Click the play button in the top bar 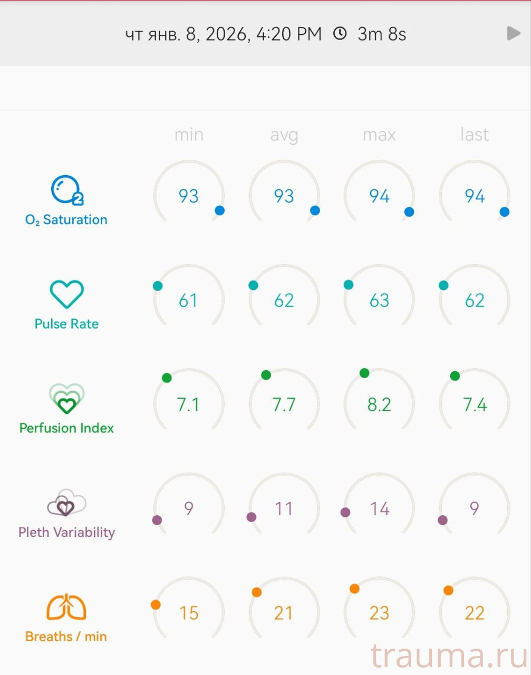click(x=514, y=34)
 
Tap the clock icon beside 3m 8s click(x=340, y=34)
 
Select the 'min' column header click(x=189, y=135)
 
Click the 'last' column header click(x=474, y=135)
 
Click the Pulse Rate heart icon click(x=66, y=294)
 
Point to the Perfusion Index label click(x=66, y=428)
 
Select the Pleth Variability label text click(x=66, y=532)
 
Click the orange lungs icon click(x=66, y=607)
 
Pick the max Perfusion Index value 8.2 click(x=379, y=404)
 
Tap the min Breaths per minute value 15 click(x=189, y=613)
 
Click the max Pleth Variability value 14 click(x=379, y=509)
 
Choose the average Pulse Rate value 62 click(x=284, y=301)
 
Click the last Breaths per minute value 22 click(x=474, y=613)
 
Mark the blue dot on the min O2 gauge click(x=220, y=210)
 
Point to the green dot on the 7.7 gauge click(x=266, y=375)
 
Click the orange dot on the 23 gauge click(x=354, y=589)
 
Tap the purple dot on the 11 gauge click(x=252, y=517)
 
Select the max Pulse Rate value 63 click(x=379, y=301)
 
